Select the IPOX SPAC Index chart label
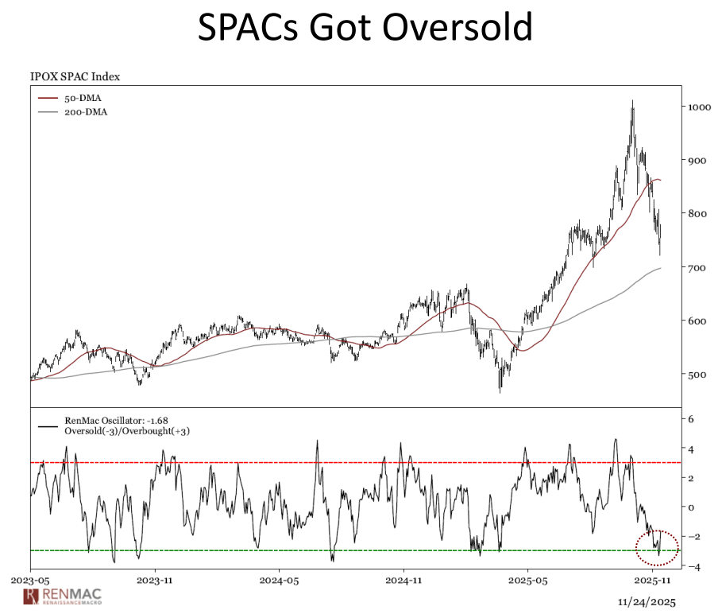point(75,77)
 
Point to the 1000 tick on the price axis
point(699,107)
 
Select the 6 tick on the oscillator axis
point(691,419)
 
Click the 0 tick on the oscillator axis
point(691,507)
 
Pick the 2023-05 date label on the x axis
point(31,581)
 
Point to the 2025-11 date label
point(651,581)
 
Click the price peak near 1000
point(632,102)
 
